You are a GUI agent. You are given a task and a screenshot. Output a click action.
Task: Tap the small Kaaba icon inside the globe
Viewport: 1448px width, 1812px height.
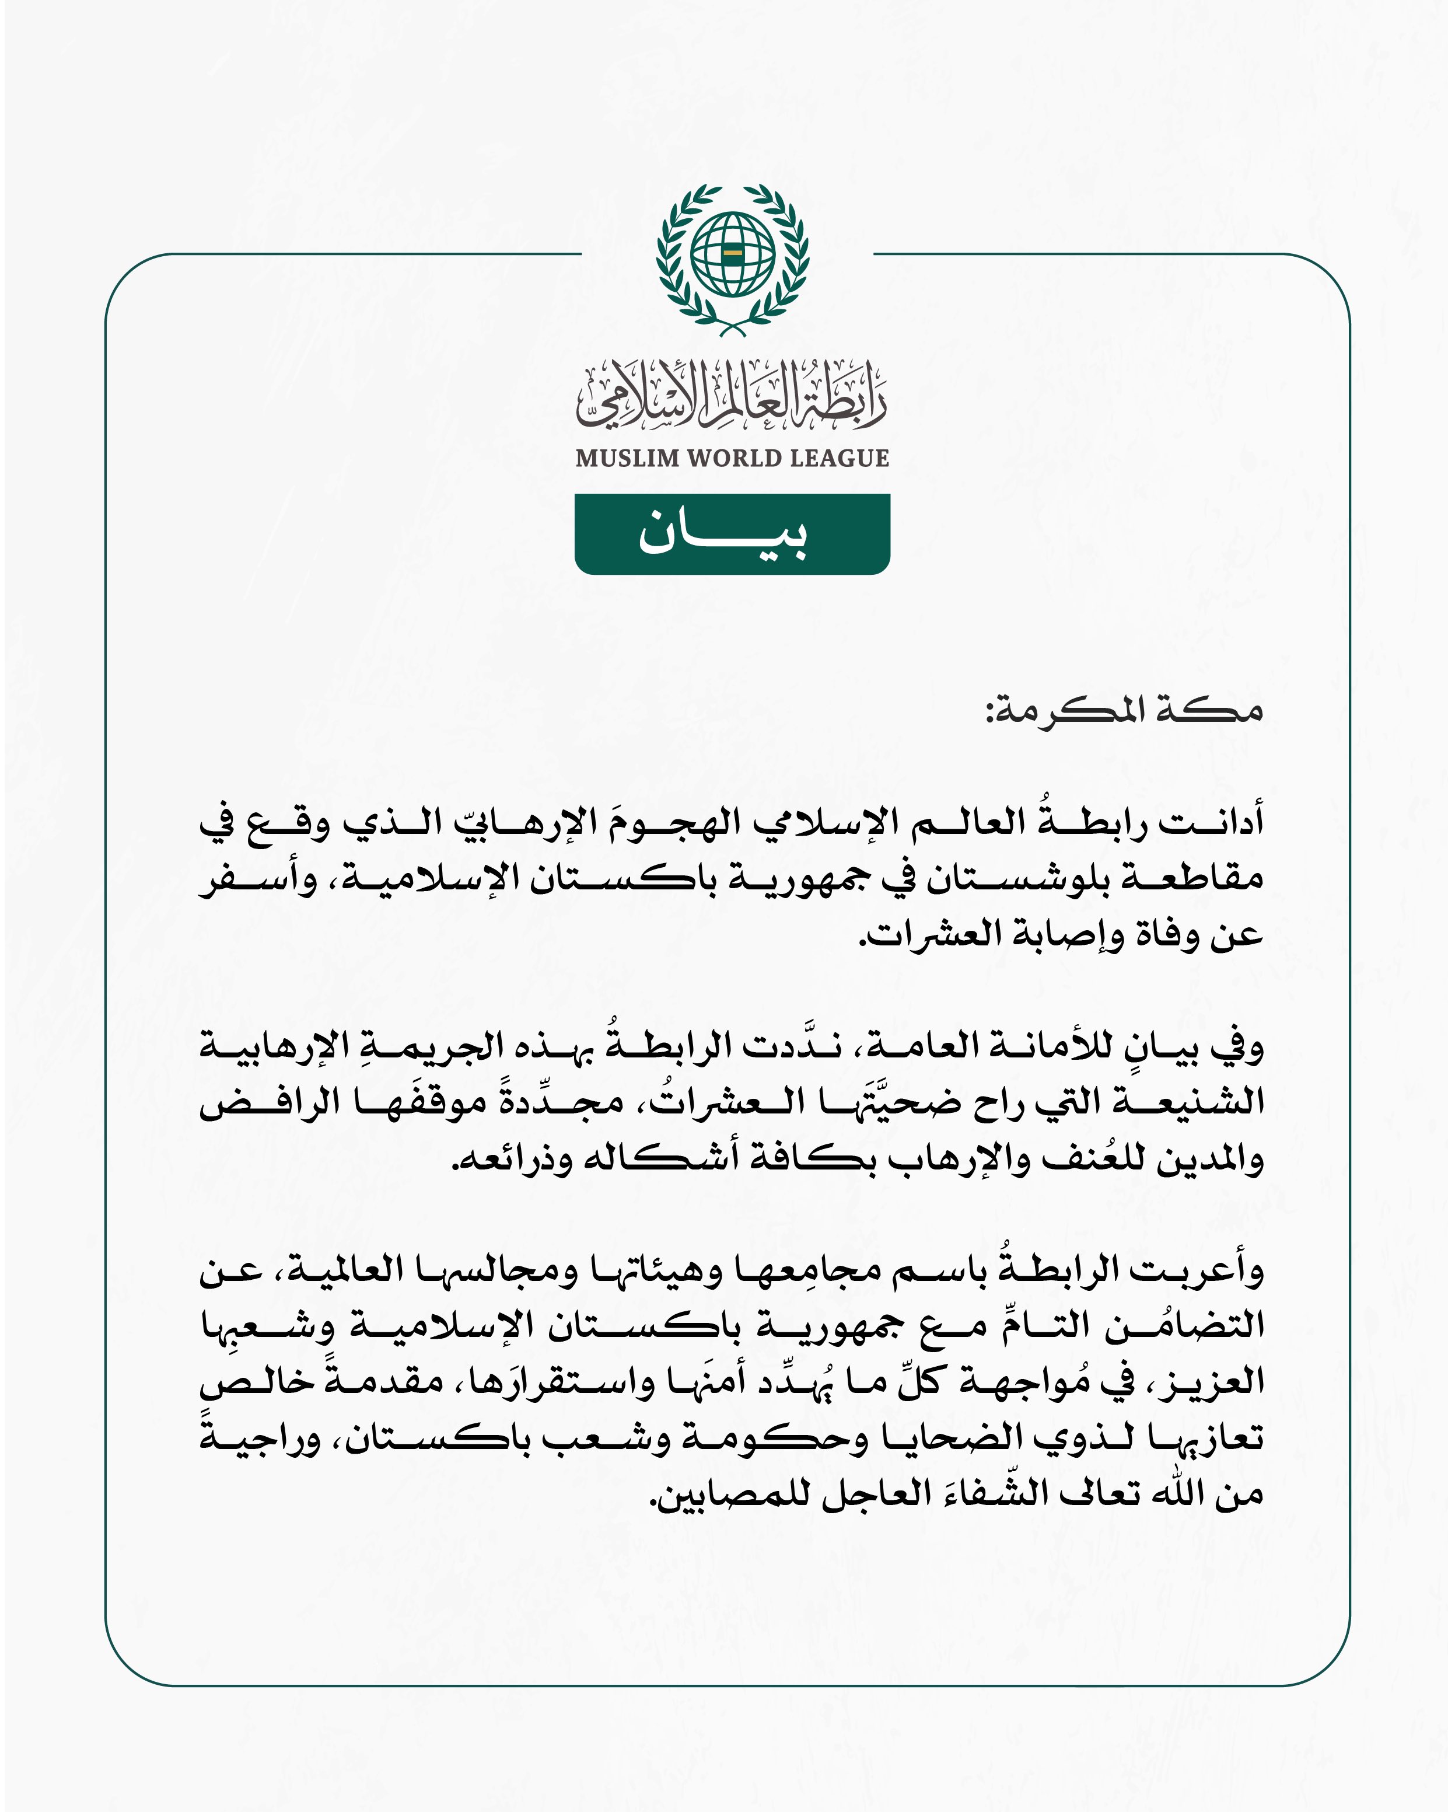[732, 252]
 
